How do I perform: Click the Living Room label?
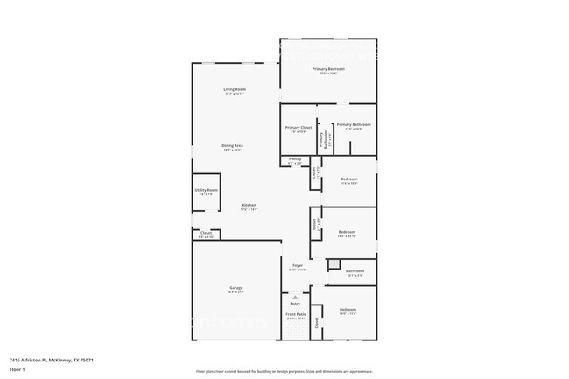click(234, 89)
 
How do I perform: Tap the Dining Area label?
click(232, 145)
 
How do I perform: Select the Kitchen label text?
click(249, 205)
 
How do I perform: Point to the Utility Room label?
click(207, 190)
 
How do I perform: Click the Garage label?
click(235, 287)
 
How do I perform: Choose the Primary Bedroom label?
click(328, 68)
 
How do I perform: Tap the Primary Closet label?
click(298, 127)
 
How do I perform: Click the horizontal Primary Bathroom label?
click(354, 124)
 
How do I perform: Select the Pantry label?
click(295, 158)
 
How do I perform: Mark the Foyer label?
click(298, 265)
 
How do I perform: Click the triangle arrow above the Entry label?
click(295, 297)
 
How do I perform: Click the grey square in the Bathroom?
click(333, 263)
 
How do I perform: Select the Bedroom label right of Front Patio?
click(348, 310)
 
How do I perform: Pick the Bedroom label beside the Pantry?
click(349, 179)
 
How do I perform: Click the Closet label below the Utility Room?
click(206, 233)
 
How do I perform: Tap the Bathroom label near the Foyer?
click(355, 271)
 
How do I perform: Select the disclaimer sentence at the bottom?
click(284, 371)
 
